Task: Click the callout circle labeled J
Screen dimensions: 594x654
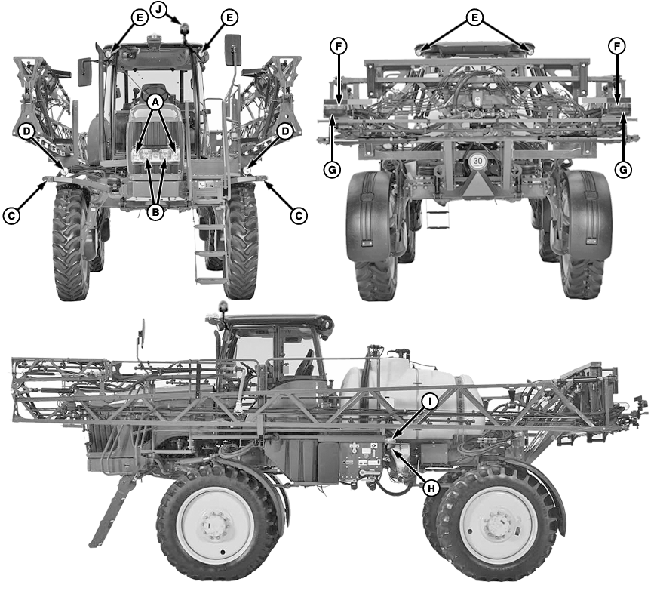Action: (159, 9)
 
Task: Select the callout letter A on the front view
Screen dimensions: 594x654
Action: (156, 100)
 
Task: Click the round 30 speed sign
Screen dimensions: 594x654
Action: (477, 161)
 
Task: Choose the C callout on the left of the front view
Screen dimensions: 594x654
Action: (11, 216)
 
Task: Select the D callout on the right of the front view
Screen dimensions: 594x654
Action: (284, 131)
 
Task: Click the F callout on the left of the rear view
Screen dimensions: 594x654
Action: (339, 47)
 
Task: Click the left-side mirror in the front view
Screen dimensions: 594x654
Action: (84, 72)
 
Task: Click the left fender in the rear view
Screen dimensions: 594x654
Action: (370, 215)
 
